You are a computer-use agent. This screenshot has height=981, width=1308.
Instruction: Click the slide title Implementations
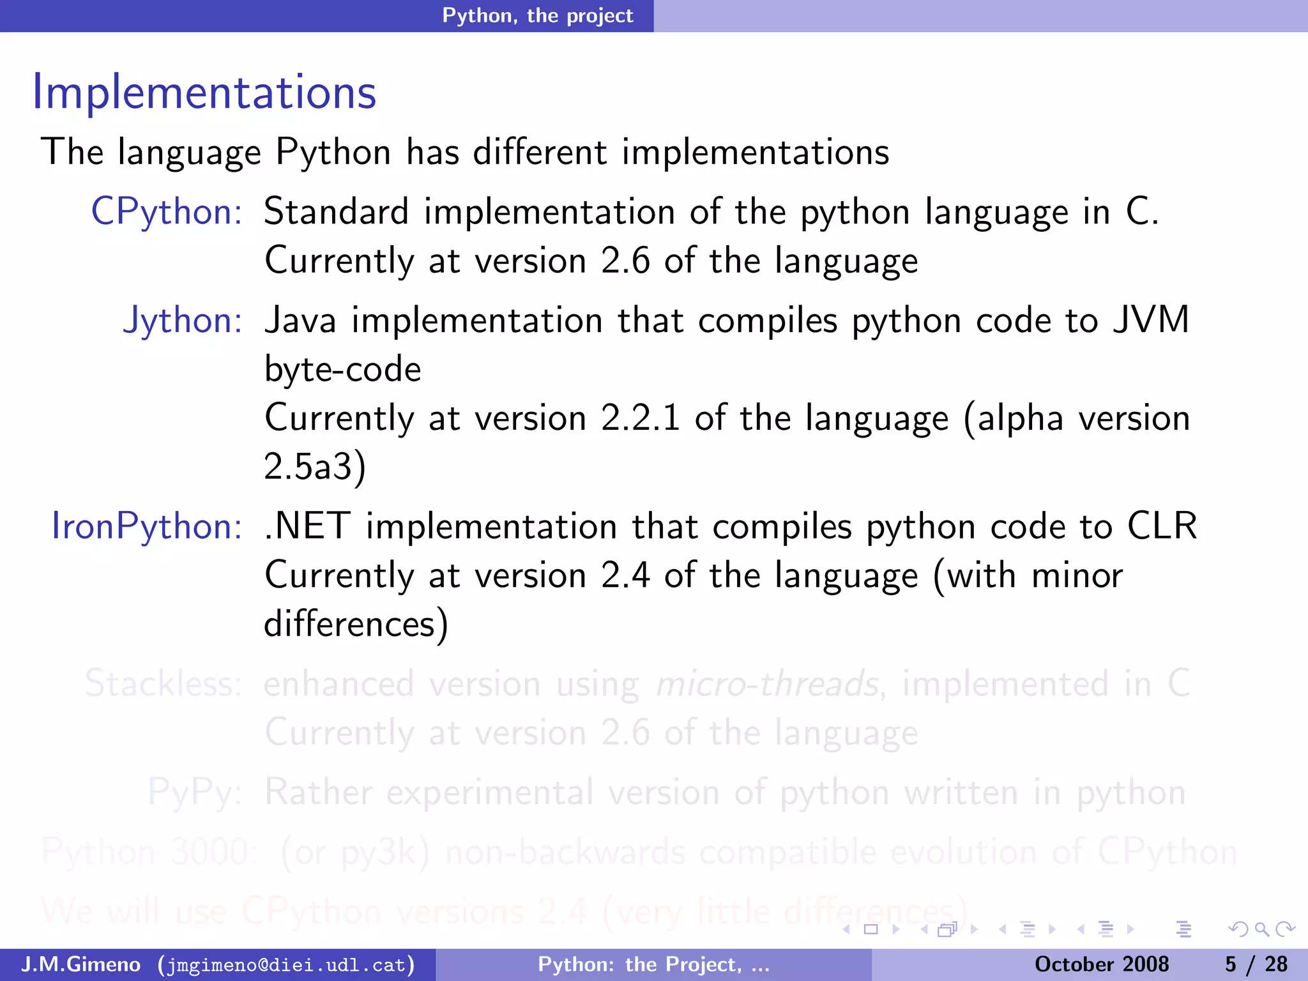click(204, 93)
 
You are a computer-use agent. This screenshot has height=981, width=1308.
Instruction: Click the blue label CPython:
click(166, 211)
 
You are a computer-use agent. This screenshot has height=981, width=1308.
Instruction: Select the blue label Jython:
click(183, 320)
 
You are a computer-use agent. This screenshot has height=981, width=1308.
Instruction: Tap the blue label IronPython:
click(146, 526)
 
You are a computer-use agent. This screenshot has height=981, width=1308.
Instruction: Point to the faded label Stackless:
click(163, 683)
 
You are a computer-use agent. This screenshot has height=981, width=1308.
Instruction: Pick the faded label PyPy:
click(194, 793)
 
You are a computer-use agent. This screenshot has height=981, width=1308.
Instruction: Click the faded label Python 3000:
click(149, 852)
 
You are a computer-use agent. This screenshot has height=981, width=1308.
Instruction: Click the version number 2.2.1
click(640, 418)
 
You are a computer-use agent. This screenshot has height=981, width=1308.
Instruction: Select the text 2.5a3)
click(315, 467)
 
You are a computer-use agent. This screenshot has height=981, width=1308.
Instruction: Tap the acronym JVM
click(1151, 320)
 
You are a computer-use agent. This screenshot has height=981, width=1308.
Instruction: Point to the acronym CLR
click(1162, 526)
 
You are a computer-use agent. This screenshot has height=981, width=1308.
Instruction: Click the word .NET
click(307, 526)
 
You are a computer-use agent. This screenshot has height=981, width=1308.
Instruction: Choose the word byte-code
click(343, 370)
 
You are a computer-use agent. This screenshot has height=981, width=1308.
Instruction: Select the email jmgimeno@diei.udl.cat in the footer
click(285, 964)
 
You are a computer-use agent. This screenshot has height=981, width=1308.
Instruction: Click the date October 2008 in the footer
click(1101, 964)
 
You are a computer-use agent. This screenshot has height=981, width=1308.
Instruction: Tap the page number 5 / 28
click(1256, 964)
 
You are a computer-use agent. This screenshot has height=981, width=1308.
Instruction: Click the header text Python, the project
click(538, 15)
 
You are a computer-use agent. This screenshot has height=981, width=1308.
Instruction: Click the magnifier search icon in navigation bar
click(1261, 929)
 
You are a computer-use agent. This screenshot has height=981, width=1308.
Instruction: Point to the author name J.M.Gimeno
click(80, 964)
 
